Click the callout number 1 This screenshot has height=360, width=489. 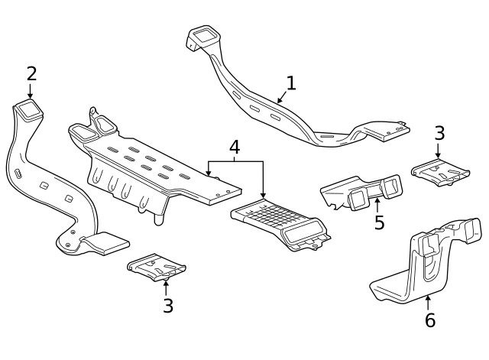290,83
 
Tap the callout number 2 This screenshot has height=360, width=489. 31,74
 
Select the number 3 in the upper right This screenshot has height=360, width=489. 439,133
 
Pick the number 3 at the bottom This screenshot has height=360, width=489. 167,306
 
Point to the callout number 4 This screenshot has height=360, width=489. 235,147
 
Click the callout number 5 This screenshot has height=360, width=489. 379,222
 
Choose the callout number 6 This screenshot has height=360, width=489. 429,320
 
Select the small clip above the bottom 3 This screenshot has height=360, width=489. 157,268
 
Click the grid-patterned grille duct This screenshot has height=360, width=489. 279,224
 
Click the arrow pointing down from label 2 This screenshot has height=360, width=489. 31,92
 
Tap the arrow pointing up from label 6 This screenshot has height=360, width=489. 428,301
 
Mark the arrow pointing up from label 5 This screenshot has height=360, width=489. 377,204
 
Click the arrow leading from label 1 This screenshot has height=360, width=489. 282,96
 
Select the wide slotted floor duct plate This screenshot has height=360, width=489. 153,164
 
